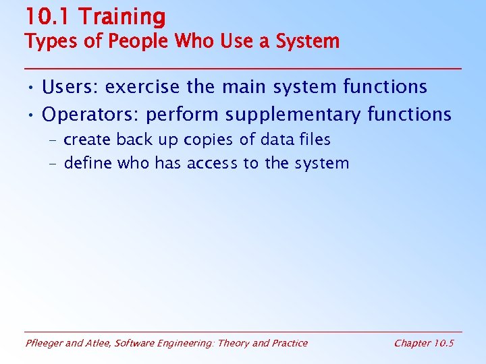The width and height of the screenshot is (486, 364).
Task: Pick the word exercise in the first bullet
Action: click(x=143, y=87)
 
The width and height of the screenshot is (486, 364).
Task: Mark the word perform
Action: click(x=182, y=115)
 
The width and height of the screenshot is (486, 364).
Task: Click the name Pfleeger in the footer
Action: click(x=45, y=343)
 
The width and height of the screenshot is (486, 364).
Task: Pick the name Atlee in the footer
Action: click(x=99, y=343)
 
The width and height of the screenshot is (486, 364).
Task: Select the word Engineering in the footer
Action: click(x=182, y=343)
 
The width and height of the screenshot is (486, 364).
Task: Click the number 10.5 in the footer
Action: click(x=443, y=343)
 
